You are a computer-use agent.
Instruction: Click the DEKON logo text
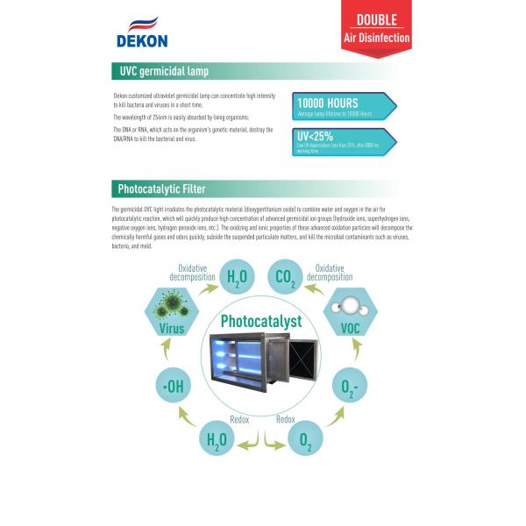point(141,39)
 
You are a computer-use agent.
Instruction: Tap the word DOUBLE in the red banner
point(376,19)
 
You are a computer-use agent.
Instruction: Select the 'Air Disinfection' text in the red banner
point(376,39)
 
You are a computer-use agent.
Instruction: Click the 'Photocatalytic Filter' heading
point(162,188)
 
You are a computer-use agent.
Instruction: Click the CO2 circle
point(286,278)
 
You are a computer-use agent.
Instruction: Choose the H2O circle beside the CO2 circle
point(237,278)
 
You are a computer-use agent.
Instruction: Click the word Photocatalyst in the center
point(262,321)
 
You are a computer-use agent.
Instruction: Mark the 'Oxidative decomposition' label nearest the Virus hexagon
point(196,272)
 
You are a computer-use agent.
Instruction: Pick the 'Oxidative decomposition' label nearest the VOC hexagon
point(330,272)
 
